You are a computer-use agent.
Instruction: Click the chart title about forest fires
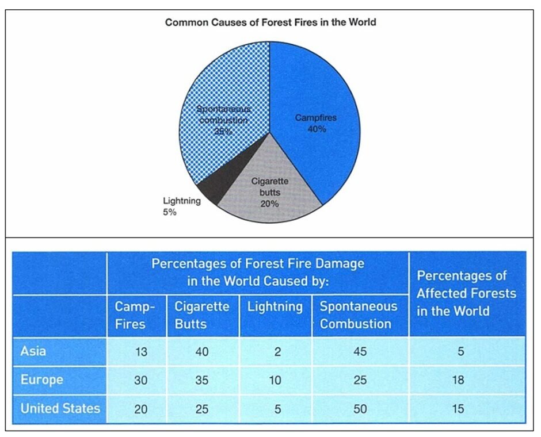pos(270,22)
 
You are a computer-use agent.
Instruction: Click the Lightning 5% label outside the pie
pos(181,206)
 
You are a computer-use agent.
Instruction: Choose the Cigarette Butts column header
pos(202,315)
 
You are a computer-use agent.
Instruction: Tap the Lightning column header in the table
pos(275,307)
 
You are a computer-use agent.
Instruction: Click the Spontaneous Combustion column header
pos(359,315)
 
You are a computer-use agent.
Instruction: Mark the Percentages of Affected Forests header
pos(466,293)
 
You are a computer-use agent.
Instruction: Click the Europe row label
pos(41,380)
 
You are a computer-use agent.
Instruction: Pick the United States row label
pos(60,409)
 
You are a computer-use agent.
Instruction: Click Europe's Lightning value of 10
pos(276,381)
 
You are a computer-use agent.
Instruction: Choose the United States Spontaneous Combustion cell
pos(360,409)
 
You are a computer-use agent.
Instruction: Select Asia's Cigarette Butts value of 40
pos(201,352)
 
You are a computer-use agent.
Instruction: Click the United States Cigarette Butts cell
pos(201,409)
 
